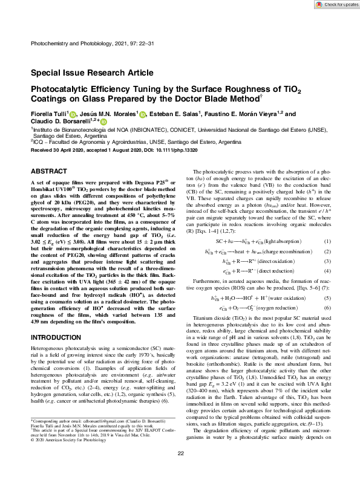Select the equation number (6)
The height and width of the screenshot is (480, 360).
tap(327, 308)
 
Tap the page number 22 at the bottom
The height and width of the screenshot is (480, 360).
tap(180, 470)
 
